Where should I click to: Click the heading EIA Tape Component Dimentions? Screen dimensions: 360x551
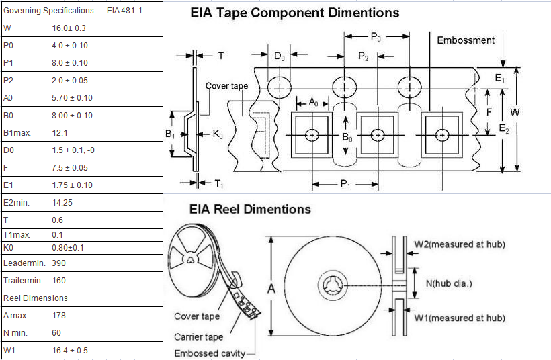pos(294,13)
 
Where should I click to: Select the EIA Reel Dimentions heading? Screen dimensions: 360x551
pos(250,209)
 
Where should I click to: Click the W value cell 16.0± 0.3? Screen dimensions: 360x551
pos(69,28)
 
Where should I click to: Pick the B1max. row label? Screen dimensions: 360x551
pos(17,133)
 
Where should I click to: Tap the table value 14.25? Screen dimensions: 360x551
pos(62,203)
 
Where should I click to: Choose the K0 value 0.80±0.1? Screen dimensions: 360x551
pos(68,248)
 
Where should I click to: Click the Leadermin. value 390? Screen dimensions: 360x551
pos(58,263)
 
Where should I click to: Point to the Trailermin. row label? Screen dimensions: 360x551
pos(23,280)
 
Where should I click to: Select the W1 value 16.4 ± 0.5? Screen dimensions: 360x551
pos(69,350)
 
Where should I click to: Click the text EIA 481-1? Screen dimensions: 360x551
pos(124,11)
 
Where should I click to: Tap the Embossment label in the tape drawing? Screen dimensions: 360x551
pos(466,40)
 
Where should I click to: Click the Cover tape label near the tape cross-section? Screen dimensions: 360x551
pos(226,86)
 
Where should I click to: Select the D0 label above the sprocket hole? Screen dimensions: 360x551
pos(279,56)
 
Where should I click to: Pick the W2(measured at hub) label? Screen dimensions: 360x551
pos(460,244)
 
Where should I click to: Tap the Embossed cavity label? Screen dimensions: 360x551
pos(210,353)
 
